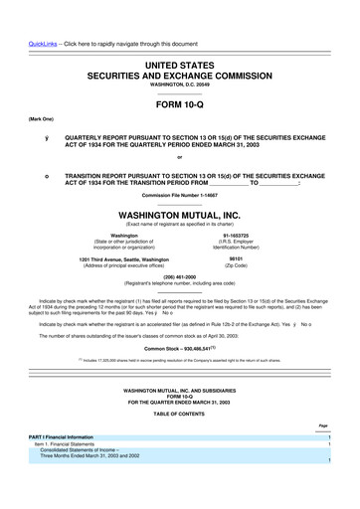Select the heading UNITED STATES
(x=180, y=64)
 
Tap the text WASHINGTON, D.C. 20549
(x=180, y=85)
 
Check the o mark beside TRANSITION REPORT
(x=46, y=175)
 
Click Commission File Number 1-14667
(x=180, y=195)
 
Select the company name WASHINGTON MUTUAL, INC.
(x=180, y=214)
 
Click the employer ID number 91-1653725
(x=236, y=236)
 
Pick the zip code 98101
(x=236, y=259)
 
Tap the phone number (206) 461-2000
(x=180, y=278)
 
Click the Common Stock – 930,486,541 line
(x=179, y=348)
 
